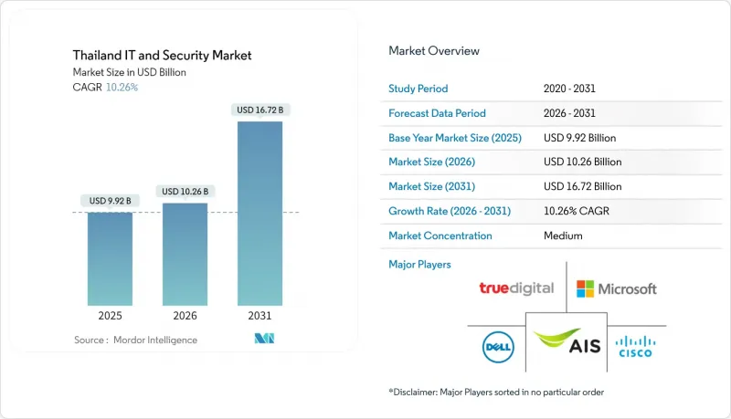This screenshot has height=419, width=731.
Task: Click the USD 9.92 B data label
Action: click(x=110, y=200)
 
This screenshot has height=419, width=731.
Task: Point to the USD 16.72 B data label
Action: click(x=260, y=110)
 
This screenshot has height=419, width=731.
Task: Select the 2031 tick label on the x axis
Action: click(x=260, y=317)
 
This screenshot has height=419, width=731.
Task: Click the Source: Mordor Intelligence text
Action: click(x=135, y=340)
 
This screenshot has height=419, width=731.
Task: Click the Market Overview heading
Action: click(x=434, y=51)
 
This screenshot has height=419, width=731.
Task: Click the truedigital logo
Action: click(x=516, y=288)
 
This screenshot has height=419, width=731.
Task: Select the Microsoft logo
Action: click(x=617, y=288)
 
